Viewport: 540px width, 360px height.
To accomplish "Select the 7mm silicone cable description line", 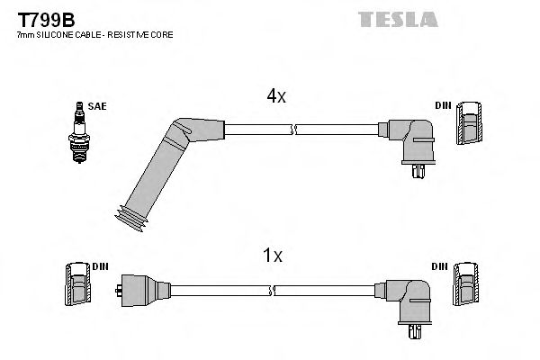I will tap(94, 34).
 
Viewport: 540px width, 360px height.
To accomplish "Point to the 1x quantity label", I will tap(272, 256).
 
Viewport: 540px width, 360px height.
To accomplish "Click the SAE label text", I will tap(95, 106).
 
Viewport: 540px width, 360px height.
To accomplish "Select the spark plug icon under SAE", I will tap(80, 136).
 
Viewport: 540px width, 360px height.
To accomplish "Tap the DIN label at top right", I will tap(443, 106).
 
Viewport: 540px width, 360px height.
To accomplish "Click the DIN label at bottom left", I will tap(99, 267).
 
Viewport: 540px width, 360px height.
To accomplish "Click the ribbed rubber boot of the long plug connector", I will tap(133, 215).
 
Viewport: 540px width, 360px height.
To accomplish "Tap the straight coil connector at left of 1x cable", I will tap(134, 290).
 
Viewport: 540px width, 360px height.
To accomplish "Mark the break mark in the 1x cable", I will tap(273, 290).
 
